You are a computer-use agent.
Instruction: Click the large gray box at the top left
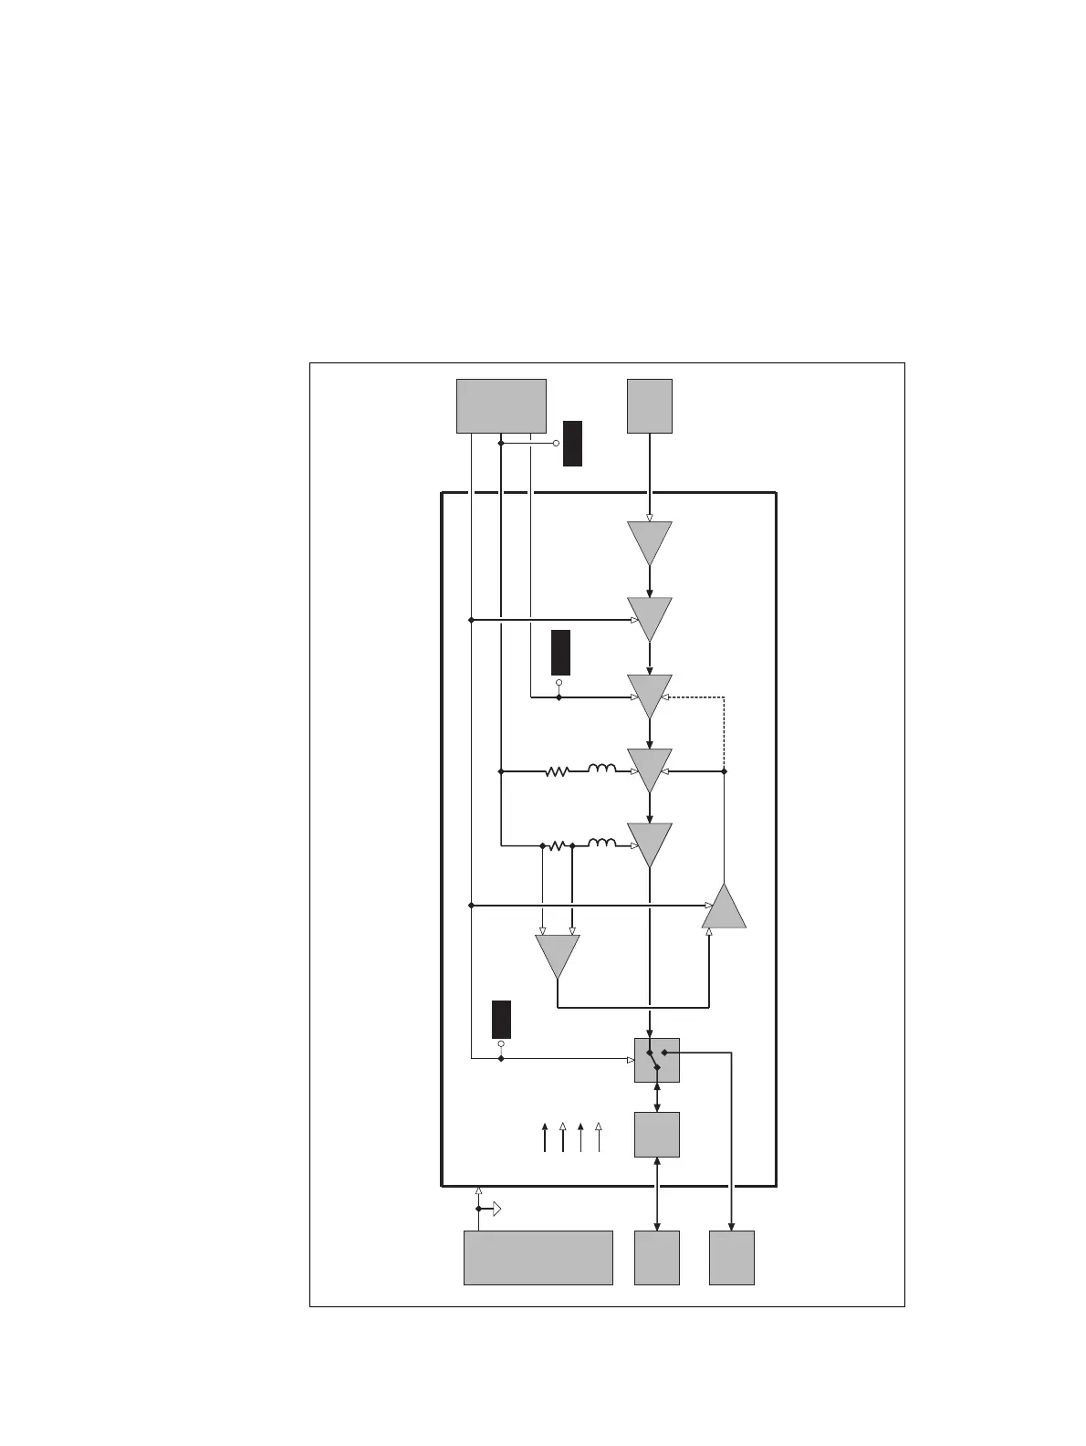501,405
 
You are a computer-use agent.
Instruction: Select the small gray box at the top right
650,405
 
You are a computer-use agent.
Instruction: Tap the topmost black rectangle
572,444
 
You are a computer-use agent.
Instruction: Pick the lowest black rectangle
501,1019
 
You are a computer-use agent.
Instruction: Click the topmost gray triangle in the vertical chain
650,541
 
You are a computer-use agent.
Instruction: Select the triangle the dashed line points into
650,695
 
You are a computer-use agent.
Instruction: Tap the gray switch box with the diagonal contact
657,1060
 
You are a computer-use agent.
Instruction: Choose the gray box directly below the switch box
657,1135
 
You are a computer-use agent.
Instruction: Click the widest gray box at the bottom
538,1257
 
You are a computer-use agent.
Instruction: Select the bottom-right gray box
732,1257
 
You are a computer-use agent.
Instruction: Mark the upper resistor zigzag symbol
557,771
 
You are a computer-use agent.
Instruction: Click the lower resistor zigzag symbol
557,846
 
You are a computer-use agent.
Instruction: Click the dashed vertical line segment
724,733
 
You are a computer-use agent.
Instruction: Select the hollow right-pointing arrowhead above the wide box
496,1210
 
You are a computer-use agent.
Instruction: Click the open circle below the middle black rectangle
559,682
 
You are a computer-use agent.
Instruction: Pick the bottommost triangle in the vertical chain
650,843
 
